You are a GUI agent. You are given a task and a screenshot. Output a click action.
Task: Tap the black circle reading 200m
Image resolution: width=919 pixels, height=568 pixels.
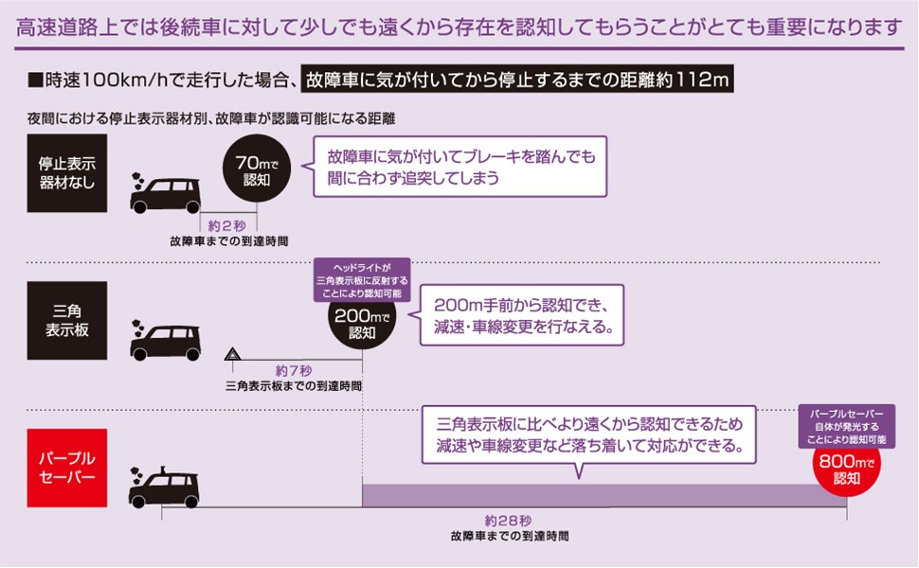(x=363, y=322)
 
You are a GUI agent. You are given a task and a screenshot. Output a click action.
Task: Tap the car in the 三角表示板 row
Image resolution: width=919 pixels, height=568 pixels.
(x=166, y=342)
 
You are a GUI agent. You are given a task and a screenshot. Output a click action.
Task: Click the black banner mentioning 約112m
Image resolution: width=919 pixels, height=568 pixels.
(x=517, y=80)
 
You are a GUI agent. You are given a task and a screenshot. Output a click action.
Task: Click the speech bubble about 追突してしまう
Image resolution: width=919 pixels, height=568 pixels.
(x=459, y=167)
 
